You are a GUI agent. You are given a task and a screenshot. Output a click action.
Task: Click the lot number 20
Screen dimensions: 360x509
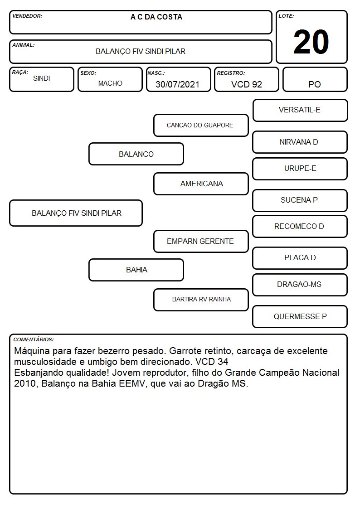[311, 42]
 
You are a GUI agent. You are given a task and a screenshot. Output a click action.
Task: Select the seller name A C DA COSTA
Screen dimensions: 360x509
[156, 17]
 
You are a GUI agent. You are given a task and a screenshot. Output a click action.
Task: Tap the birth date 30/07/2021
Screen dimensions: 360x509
[177, 84]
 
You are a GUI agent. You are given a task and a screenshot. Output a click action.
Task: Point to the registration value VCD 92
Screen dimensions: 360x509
[246, 84]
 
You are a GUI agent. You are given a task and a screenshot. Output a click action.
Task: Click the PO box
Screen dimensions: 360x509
[315, 79]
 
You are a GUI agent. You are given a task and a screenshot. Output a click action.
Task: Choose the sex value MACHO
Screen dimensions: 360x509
[110, 83]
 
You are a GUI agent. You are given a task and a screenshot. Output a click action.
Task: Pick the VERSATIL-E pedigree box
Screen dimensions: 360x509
[300, 111]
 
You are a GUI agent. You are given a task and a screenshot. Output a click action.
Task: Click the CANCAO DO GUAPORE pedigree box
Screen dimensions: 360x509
[201, 125]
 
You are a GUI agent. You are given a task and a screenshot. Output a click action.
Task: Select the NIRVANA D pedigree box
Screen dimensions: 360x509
[300, 142]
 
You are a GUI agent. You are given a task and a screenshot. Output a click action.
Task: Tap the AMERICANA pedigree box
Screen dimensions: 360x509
[201, 184]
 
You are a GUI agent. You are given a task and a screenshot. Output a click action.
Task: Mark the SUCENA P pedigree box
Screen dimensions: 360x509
[300, 200]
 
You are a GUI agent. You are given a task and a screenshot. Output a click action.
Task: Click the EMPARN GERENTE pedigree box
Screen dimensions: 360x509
[201, 241]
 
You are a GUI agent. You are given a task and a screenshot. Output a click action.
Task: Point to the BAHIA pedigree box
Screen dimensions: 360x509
[136, 270]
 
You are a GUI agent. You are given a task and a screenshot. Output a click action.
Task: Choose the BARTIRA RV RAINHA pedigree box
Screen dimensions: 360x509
[201, 300]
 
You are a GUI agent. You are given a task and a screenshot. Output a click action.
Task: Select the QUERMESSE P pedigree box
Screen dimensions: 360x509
[300, 316]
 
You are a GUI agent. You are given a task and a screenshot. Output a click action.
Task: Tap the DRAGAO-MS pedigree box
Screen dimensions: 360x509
[300, 285]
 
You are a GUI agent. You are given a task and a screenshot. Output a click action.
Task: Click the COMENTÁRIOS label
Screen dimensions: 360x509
[34, 339]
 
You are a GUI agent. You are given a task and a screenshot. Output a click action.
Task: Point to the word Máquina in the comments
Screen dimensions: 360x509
[32, 351]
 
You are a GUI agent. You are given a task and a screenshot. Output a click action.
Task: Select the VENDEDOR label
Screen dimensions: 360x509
[27, 16]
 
